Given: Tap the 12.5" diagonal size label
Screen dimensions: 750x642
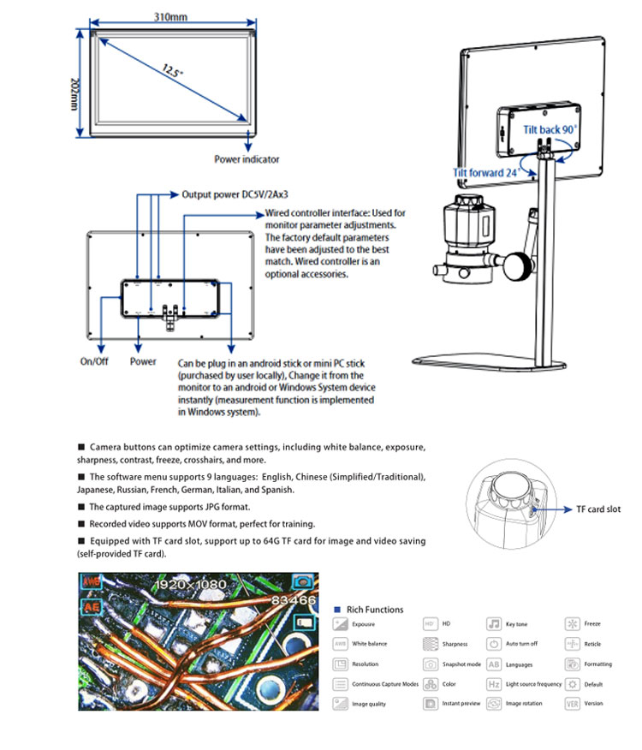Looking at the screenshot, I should pyautogui.click(x=172, y=72).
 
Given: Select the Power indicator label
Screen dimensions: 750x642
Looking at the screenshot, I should pyautogui.click(x=247, y=158).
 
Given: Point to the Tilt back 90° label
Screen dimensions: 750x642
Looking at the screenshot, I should pyautogui.click(x=550, y=130).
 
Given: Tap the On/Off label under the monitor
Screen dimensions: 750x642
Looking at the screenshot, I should pyautogui.click(x=94, y=361).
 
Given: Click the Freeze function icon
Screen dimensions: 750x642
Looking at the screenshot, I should pyautogui.click(x=572, y=624).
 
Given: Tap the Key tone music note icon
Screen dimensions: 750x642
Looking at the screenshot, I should pyautogui.click(x=494, y=624).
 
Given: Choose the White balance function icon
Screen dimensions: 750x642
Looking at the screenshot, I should pyautogui.click(x=340, y=644).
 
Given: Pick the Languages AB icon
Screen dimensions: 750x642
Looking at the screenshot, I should pyautogui.click(x=494, y=664).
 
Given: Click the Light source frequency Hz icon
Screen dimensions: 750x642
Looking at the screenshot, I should pyautogui.click(x=494, y=684).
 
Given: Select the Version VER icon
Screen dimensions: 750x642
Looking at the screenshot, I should pyautogui.click(x=572, y=704).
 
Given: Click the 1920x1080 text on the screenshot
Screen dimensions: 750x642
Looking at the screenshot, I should pyautogui.click(x=189, y=585).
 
